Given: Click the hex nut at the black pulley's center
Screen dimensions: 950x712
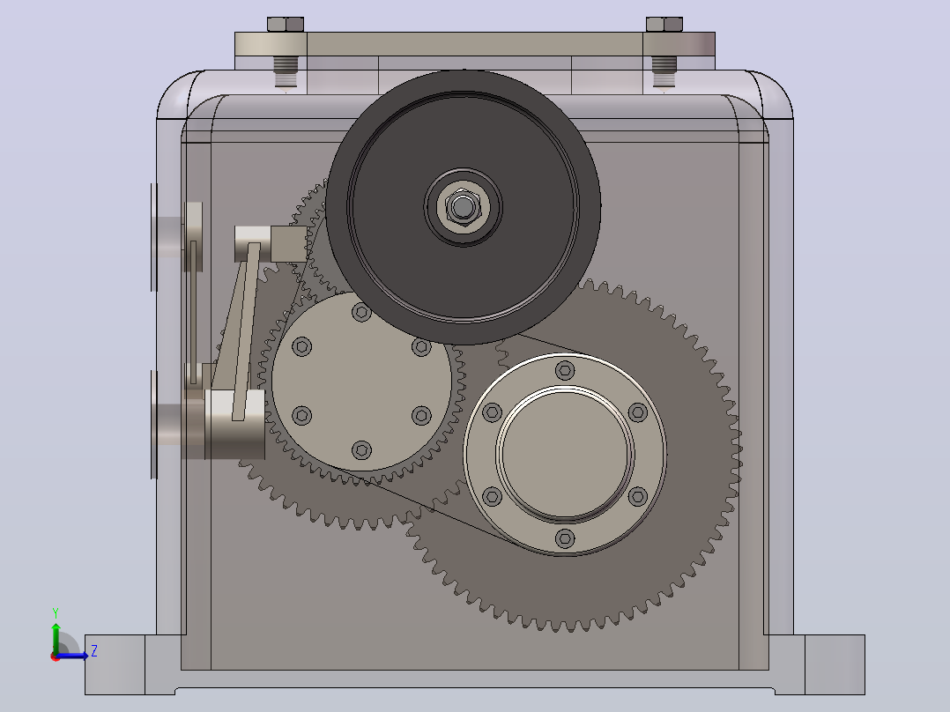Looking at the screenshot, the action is tap(463, 207).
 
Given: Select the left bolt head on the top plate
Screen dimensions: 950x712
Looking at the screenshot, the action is tap(286, 25).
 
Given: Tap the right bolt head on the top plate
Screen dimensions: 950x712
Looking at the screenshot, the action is tap(664, 25).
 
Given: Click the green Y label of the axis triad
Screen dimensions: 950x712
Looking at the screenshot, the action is tap(56, 612).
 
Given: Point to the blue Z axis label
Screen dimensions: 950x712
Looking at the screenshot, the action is tap(94, 651).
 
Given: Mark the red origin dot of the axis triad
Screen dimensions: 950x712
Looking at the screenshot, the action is tap(56, 656).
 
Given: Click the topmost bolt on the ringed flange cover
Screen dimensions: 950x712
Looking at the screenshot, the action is tap(565, 369).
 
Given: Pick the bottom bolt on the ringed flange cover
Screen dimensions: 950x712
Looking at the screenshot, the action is tap(565, 538).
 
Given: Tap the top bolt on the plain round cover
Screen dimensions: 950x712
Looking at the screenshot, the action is tap(361, 312).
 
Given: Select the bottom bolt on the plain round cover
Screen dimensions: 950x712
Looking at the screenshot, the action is tap(361, 450).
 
